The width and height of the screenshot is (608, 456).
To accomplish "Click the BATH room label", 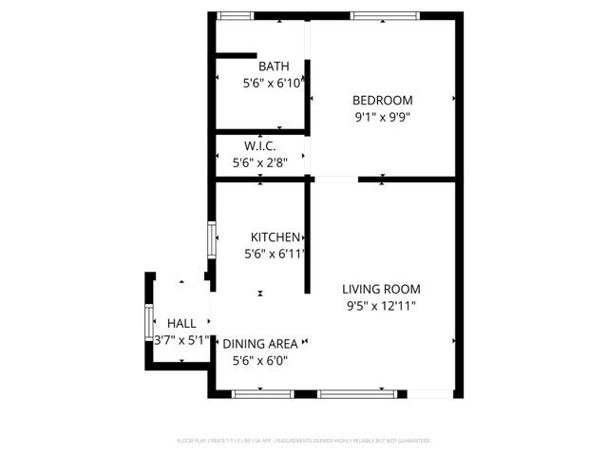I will [275, 66].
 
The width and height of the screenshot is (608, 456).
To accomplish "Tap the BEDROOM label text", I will [383, 101].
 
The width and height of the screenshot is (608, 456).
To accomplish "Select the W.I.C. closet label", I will [260, 146].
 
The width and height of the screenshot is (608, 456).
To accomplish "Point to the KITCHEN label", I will [275, 237].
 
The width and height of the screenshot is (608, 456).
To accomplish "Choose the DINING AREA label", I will [259, 343].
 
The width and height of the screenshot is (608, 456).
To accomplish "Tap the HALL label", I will [181, 323].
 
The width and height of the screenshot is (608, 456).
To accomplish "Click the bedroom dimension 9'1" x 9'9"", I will [383, 118].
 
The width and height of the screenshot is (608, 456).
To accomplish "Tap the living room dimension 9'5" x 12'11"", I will [380, 306].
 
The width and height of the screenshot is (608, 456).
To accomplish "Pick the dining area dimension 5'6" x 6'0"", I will [260, 360].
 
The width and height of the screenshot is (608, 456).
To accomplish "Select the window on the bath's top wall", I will [235, 15].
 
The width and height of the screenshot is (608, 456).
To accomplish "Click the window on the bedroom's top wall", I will [385, 15].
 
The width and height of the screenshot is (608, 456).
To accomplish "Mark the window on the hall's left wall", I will [147, 323].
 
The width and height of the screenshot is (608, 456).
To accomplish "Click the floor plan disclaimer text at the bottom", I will [304, 441].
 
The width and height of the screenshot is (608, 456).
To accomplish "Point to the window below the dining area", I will [263, 393].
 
